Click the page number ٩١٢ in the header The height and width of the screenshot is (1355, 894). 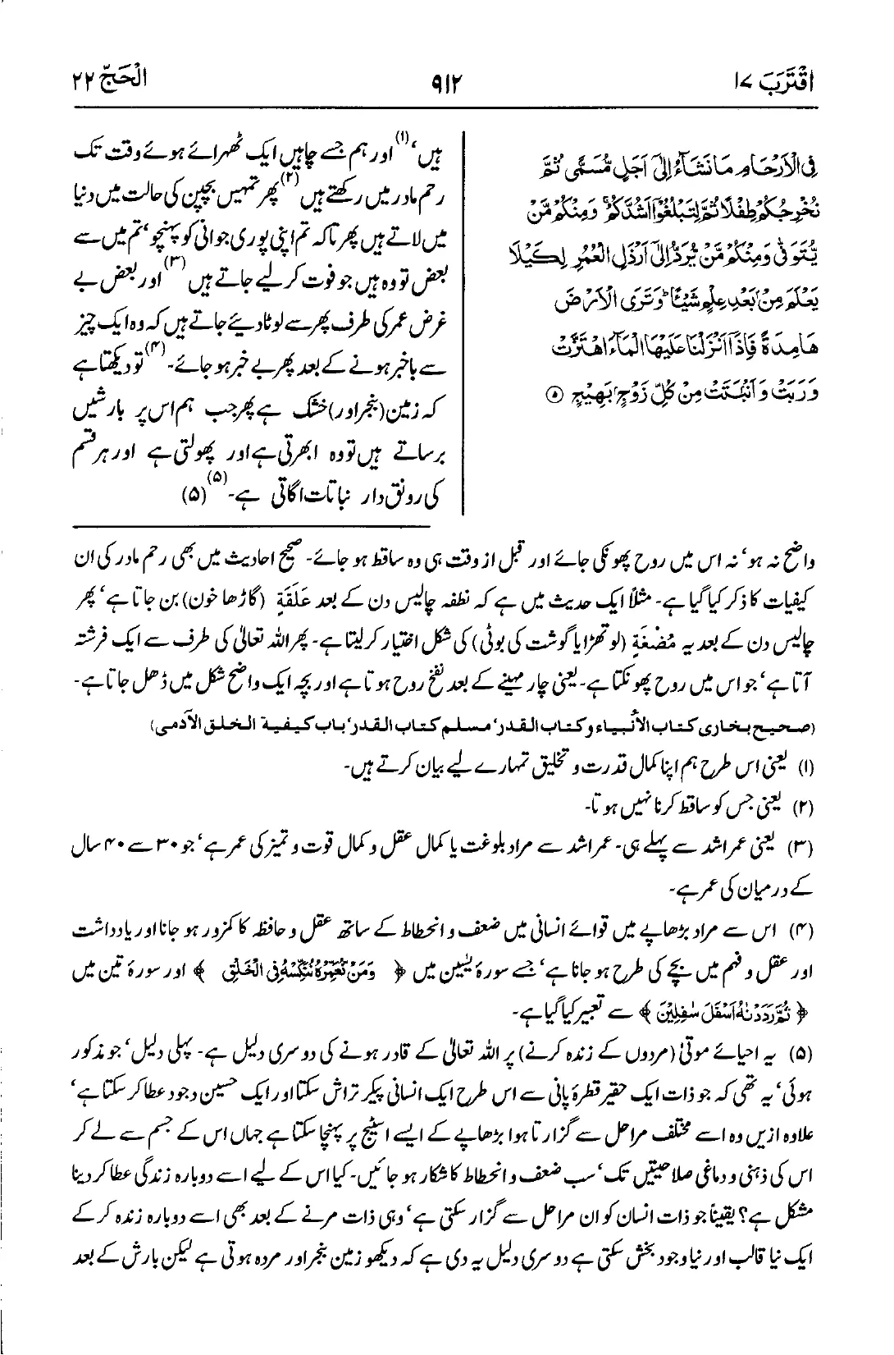tap(446, 82)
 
